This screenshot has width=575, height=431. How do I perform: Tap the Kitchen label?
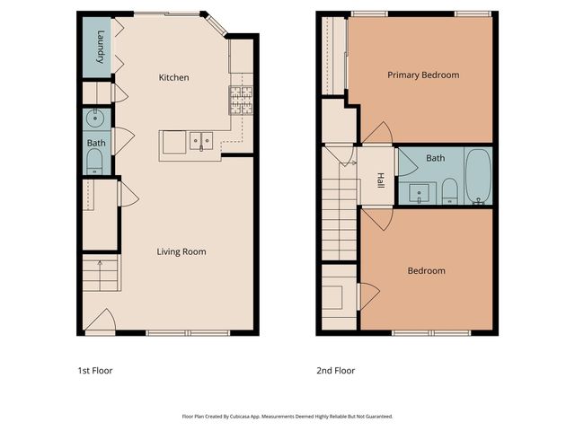click(x=173, y=78)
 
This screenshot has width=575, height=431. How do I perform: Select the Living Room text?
click(x=181, y=251)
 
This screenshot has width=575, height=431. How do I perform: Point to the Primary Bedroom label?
click(x=423, y=75)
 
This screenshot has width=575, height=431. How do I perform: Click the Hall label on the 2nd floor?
click(x=380, y=180)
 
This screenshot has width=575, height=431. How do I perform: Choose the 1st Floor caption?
click(x=94, y=370)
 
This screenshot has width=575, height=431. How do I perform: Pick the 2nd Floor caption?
click(x=336, y=370)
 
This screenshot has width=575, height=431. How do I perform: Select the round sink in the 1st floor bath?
click(x=95, y=118)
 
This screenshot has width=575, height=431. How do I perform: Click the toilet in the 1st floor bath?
click(x=95, y=162)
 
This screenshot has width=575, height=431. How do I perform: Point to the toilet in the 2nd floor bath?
click(x=450, y=190)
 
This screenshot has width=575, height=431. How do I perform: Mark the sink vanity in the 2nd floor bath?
click(x=419, y=191)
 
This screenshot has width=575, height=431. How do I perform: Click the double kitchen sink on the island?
click(x=199, y=141)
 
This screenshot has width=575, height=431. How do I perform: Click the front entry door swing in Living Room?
click(x=102, y=321)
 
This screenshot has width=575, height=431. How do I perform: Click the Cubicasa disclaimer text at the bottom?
click(x=287, y=417)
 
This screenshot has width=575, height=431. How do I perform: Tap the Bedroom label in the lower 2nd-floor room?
click(x=426, y=270)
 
